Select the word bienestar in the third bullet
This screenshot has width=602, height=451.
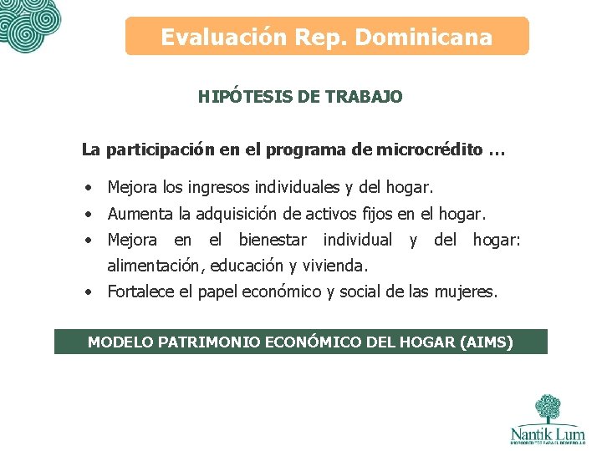273,241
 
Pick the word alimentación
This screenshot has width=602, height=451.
155,266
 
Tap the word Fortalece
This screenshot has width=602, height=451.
141,292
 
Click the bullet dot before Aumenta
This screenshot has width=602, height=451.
88,214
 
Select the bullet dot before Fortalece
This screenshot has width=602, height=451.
88,292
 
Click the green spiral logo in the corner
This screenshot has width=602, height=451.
29,23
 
